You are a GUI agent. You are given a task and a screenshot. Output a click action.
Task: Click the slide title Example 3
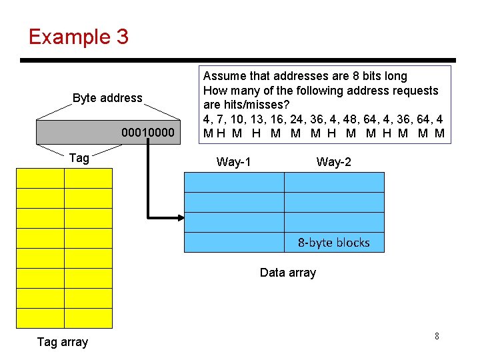(78, 36)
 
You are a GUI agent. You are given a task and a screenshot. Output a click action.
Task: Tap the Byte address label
(107, 98)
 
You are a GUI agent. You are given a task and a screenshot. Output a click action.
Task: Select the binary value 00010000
(148, 133)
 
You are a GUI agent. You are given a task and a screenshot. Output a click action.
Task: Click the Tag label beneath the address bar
(79, 157)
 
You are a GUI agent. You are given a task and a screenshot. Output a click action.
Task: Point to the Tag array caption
(62, 342)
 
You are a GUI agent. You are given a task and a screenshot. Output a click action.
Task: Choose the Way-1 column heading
(234, 161)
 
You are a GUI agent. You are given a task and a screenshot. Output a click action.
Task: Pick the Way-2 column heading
(333, 161)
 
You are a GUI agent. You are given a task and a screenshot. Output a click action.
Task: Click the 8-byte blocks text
(333, 243)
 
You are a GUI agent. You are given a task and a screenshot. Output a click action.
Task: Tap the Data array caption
(287, 272)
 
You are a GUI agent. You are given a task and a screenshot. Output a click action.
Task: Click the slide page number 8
(437, 337)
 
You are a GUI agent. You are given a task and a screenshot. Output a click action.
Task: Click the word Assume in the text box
(223, 76)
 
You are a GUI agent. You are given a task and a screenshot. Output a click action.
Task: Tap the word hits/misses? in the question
(257, 105)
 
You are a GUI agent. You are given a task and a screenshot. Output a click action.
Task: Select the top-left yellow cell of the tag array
(40, 178)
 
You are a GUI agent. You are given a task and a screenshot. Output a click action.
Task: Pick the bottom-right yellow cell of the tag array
(88, 318)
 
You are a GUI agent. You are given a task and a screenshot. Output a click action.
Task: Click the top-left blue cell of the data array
(234, 182)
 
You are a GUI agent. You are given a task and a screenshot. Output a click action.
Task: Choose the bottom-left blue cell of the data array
(234, 242)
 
